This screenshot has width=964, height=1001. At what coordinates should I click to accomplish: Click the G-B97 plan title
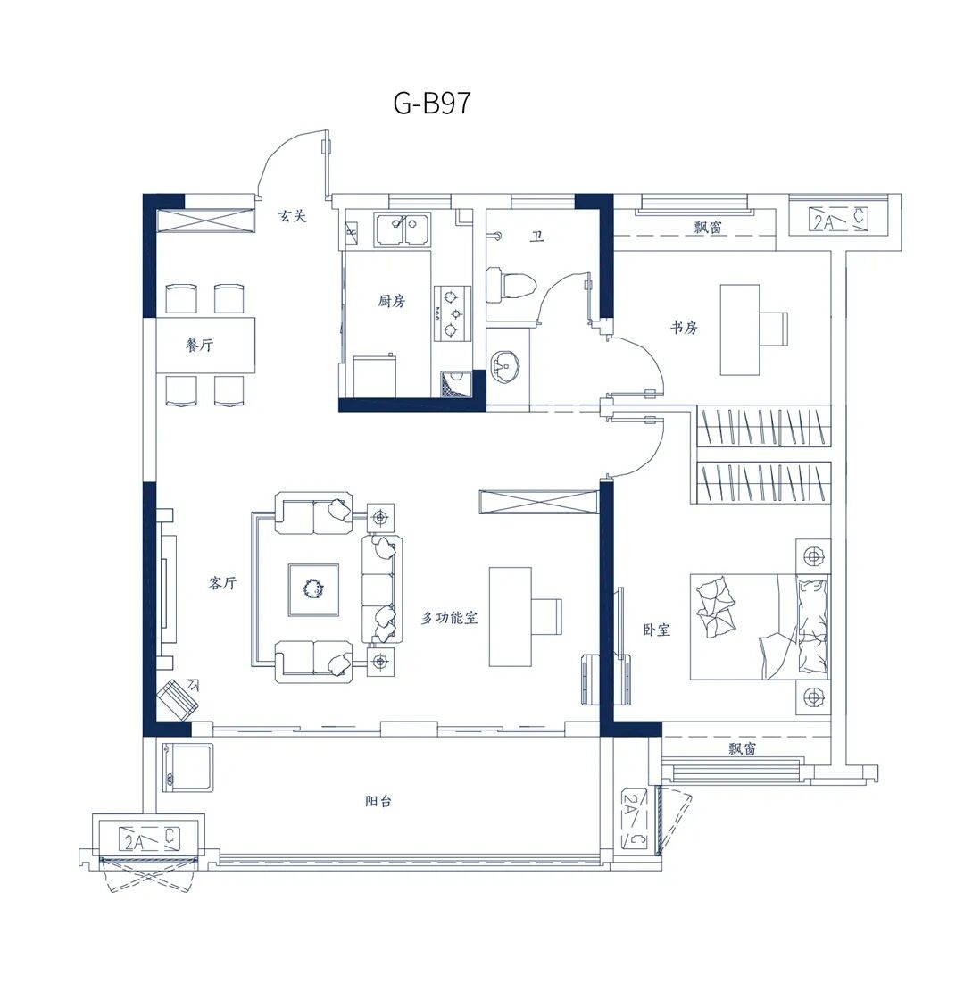coord(432,103)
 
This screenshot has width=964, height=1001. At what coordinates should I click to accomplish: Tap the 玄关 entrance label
coord(292,216)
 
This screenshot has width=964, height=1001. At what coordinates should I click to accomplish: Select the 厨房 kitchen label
coord(391,301)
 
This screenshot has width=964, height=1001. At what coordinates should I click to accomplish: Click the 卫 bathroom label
coord(537,238)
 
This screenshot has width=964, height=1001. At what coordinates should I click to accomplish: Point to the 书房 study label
coord(684,328)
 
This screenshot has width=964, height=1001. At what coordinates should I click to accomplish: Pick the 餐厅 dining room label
coord(200,345)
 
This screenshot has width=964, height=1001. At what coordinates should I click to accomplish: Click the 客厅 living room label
coord(222,583)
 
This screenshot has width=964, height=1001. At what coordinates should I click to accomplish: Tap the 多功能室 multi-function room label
coord(449,617)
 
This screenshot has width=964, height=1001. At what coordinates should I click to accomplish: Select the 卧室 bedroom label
coord(656,630)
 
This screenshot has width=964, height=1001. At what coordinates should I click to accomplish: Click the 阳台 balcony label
coord(378,801)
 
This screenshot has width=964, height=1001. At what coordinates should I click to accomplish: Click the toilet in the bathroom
coord(511,285)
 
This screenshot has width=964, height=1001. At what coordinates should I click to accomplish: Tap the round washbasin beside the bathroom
coord(507,366)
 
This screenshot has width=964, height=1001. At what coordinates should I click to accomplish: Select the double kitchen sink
coord(403,229)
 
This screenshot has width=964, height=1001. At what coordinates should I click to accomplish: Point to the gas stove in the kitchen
coord(453,313)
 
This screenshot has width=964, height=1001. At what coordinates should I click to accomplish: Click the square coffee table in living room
coord(313,590)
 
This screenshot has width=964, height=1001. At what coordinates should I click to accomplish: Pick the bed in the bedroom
coord(760,626)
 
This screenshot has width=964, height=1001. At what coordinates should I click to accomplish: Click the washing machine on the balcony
coord(188,767)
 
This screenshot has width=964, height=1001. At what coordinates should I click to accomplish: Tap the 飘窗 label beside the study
coord(708,227)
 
